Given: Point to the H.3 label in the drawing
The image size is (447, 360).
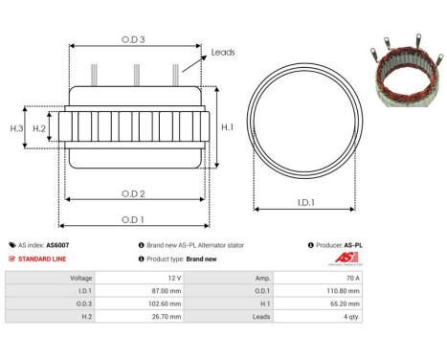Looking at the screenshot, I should (16, 127).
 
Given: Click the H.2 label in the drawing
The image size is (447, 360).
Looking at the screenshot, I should (39, 127).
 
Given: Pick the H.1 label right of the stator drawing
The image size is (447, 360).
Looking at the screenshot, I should (228, 126).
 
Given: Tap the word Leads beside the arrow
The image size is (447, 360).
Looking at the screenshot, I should (223, 53).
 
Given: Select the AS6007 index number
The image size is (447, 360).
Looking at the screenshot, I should (57, 245).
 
